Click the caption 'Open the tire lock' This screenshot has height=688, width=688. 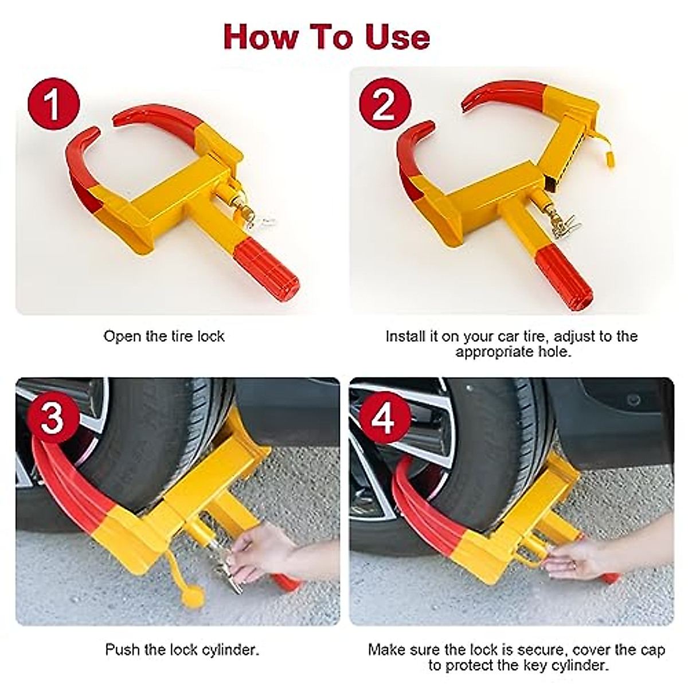point(164,336)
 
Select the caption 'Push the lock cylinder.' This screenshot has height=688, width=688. point(182,650)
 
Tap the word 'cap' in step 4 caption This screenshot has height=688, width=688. point(653,650)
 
